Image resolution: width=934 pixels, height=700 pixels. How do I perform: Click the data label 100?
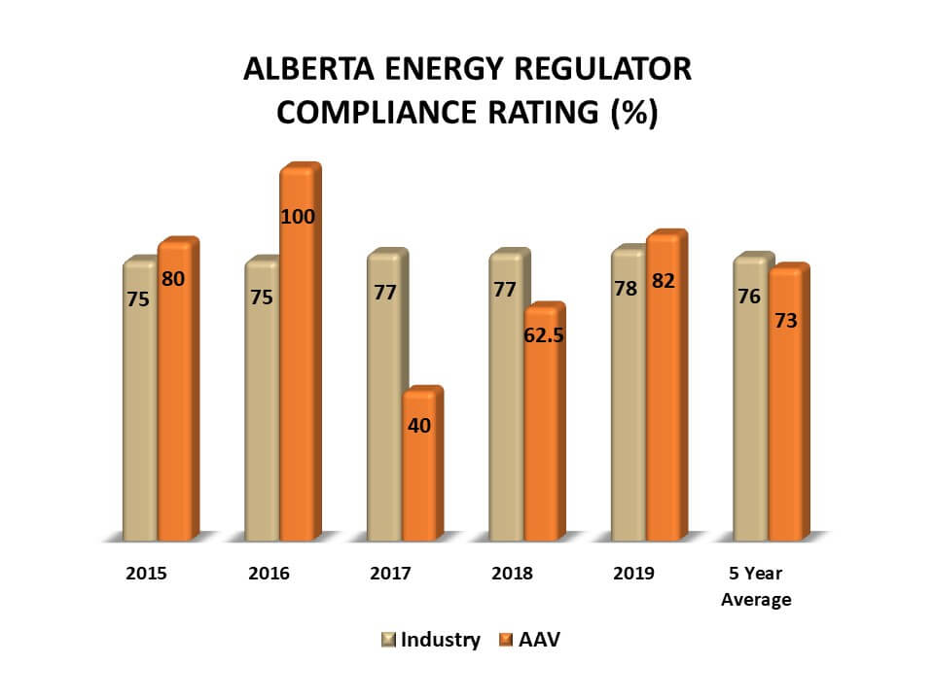click(298, 217)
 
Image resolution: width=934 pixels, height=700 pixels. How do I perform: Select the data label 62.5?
click(545, 335)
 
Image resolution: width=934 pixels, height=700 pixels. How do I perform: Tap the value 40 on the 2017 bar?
click(420, 425)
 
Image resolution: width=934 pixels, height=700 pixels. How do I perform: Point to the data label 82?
click(665, 281)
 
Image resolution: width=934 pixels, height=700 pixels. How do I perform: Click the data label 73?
click(786, 320)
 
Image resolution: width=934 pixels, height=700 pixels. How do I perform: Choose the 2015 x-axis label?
click(146, 573)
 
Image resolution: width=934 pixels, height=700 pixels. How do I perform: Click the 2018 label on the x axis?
click(512, 573)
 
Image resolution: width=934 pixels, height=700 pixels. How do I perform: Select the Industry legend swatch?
click(388, 641)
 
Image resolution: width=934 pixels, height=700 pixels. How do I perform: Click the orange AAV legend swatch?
click(505, 641)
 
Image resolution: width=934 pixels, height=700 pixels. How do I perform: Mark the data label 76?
click(749, 297)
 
